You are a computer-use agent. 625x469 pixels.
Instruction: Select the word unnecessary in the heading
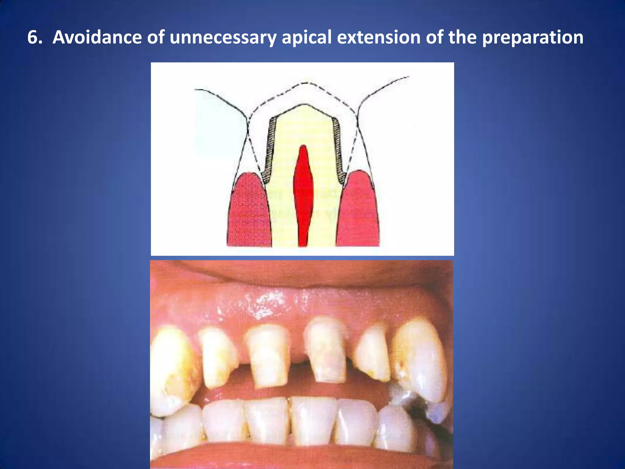[223, 38]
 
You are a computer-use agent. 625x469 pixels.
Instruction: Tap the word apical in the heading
[306, 38]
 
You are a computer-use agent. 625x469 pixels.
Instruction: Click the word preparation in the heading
[533, 38]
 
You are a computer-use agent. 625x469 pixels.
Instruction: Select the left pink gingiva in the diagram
[249, 211]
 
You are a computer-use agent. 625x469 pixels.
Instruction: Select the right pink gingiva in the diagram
[358, 211]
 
